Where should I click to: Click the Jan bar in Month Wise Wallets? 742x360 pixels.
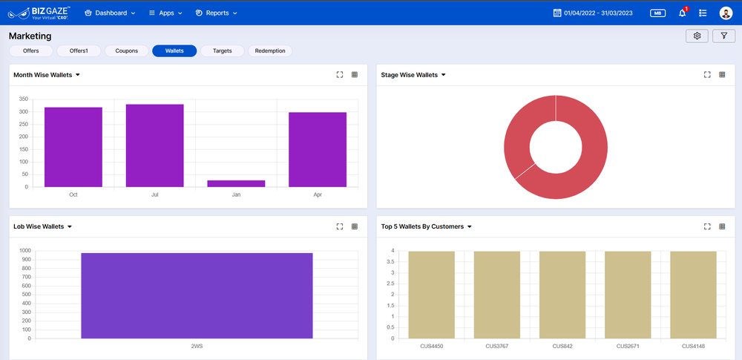(236, 183)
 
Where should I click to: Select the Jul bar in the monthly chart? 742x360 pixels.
(154, 145)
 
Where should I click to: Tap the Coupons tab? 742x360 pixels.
(126, 51)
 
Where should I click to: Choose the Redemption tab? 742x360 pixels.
(270, 51)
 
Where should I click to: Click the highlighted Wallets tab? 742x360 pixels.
(174, 51)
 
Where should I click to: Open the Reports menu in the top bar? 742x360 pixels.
(217, 13)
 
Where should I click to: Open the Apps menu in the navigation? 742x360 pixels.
(165, 13)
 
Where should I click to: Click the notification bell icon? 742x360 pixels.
(682, 13)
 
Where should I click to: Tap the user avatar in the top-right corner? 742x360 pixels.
(726, 13)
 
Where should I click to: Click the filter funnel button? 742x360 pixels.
(723, 36)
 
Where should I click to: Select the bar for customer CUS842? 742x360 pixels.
(562, 294)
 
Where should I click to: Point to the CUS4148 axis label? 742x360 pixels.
(694, 346)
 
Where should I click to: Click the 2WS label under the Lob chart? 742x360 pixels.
(197, 346)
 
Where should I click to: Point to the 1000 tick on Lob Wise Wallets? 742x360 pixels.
(25, 251)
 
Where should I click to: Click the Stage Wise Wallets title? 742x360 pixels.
(410, 75)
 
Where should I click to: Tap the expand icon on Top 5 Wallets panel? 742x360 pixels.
(707, 226)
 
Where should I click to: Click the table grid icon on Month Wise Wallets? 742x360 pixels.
(355, 75)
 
